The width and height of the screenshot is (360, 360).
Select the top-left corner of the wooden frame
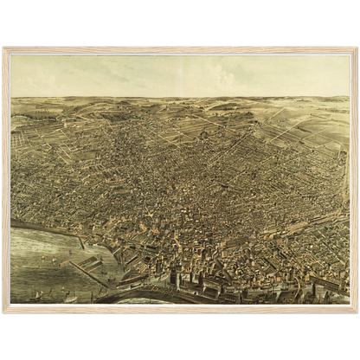point(3,48)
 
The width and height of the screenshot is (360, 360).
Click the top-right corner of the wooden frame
point(357,48)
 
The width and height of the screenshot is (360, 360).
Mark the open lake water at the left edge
point(26,260)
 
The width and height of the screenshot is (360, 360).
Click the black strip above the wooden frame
point(180,22)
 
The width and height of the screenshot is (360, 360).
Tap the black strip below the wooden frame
point(180,337)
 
